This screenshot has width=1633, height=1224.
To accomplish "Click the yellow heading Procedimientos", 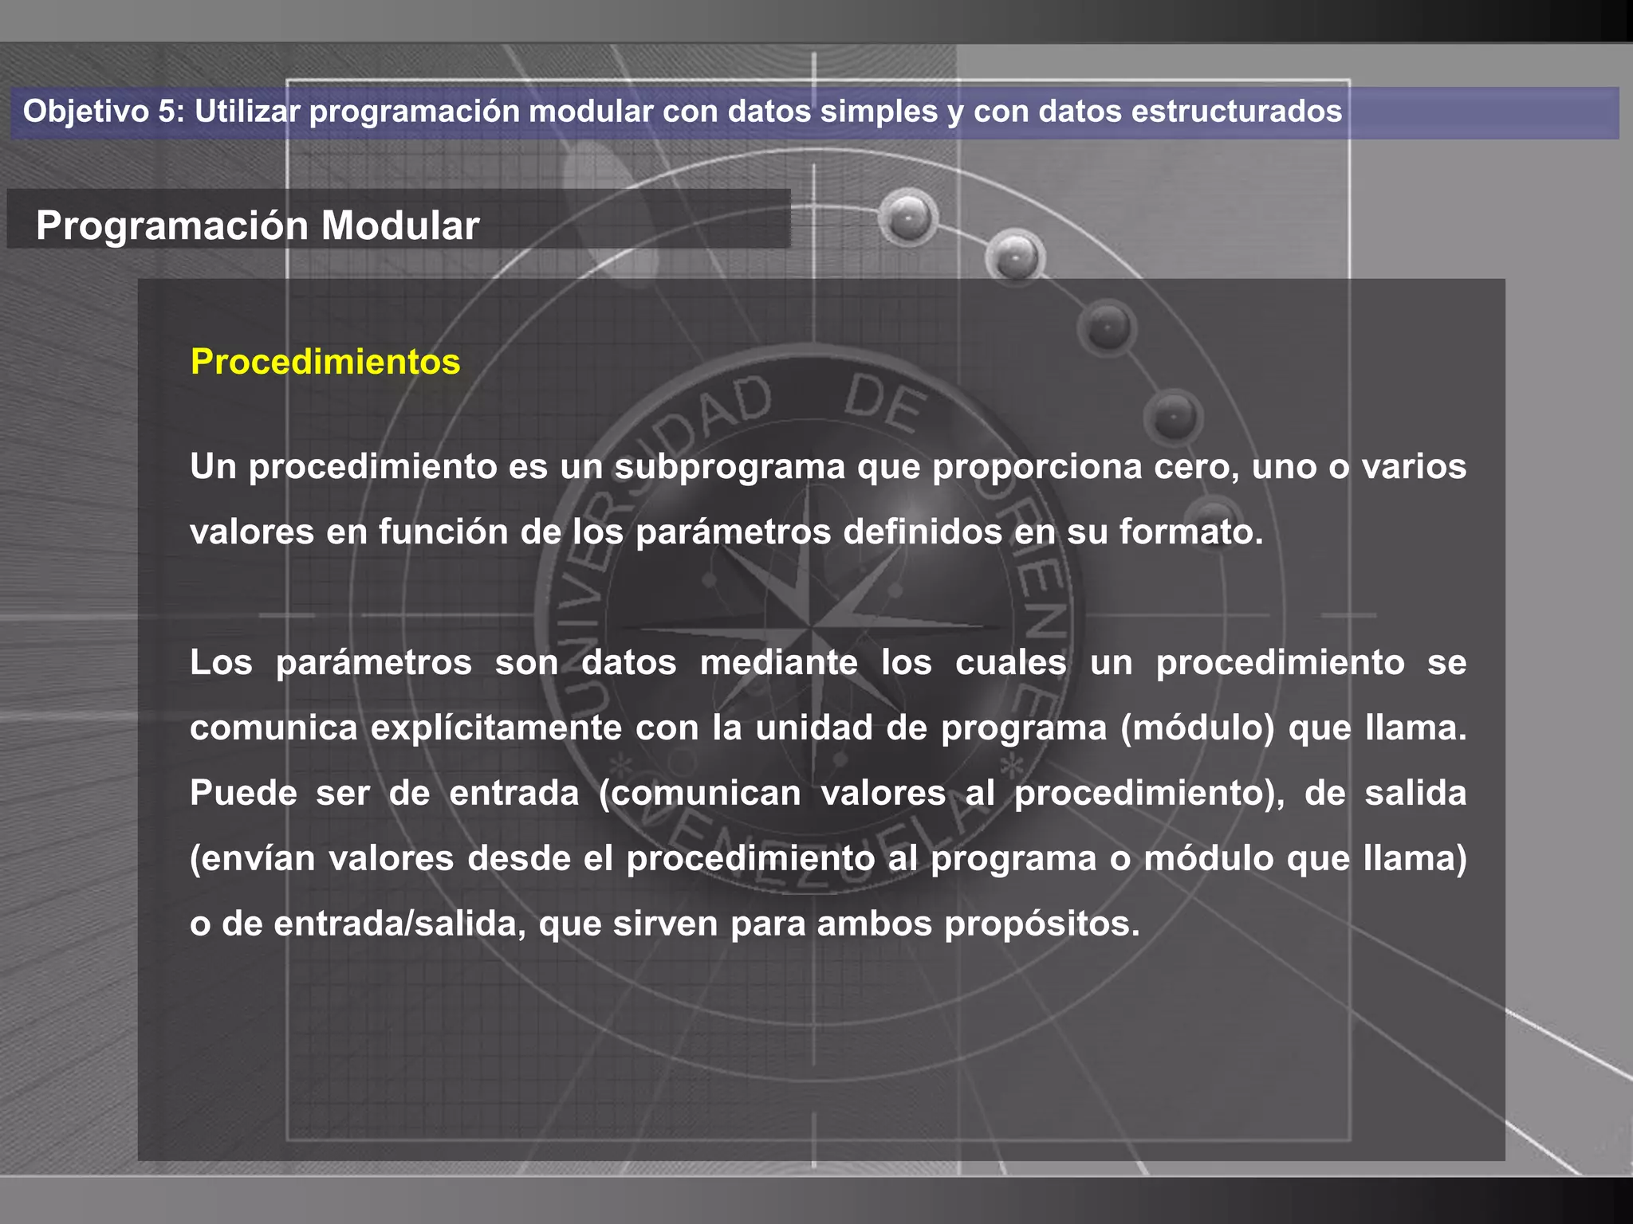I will pyautogui.click(x=325, y=362).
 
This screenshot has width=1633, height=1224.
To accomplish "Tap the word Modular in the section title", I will pyautogui.click(x=400, y=226).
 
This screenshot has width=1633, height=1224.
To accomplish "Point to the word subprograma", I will pyautogui.click(x=730, y=467).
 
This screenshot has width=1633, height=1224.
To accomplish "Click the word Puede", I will pyautogui.click(x=243, y=794).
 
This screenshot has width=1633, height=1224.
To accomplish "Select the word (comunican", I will pyautogui.click(x=700, y=794).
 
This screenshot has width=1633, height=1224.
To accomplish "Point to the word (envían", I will pyautogui.click(x=253, y=859).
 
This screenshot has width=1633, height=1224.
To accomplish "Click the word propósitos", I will pyautogui.click(x=1042, y=924).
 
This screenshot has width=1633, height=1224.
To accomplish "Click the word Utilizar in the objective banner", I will pyautogui.click(x=247, y=112).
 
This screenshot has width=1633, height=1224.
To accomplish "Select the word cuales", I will pyautogui.click(x=1010, y=663).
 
